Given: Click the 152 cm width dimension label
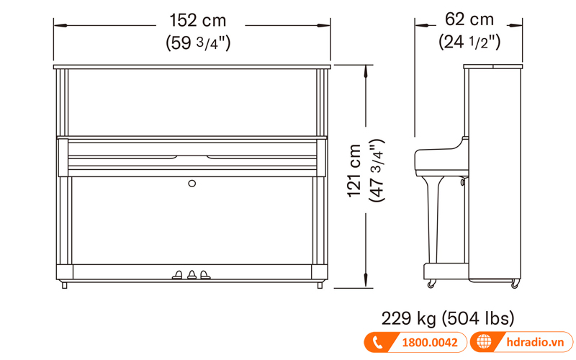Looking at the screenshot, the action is (197, 20).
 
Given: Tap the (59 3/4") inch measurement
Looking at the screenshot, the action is (198, 42).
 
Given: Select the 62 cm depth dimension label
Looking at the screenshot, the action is (469, 19).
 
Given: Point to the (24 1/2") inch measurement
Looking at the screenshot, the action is (469, 42).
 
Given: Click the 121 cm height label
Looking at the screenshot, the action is (354, 171).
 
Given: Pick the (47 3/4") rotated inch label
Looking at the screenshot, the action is (377, 170).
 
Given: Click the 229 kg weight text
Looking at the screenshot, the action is (408, 318).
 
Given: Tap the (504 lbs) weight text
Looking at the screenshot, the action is (478, 318).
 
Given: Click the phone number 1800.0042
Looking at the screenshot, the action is (430, 343).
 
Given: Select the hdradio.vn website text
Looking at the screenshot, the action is (535, 342).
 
